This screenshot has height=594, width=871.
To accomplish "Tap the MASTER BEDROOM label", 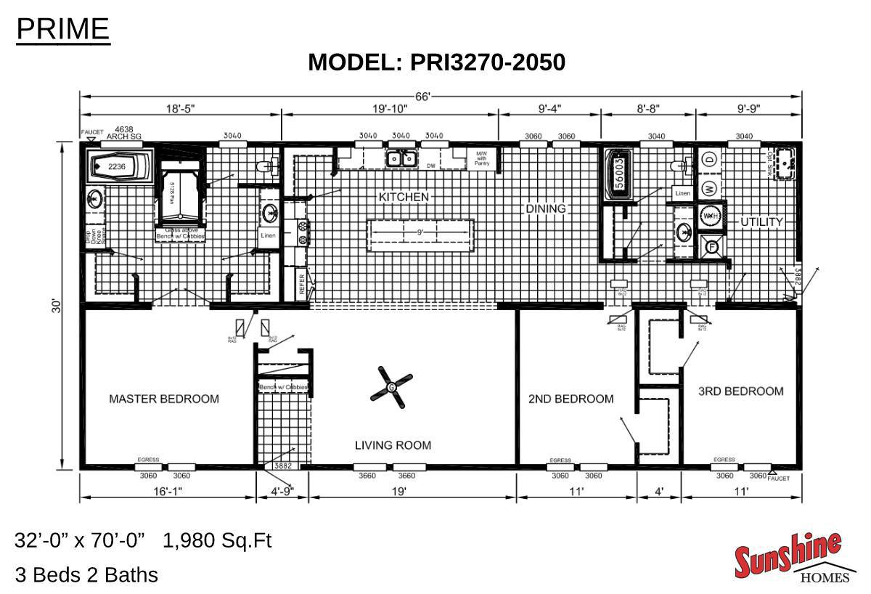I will point(163,399).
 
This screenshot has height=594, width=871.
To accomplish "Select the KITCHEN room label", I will point(404,197).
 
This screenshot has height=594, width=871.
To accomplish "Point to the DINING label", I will point(545,208).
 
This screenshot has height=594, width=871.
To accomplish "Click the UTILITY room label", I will point(761,221).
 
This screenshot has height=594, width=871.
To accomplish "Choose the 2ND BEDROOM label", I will point(571,399).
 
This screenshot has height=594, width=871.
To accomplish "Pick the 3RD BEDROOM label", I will point(740,391).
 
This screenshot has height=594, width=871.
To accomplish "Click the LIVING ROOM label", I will point(393,445).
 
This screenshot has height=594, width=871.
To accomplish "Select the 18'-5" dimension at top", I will point(180,109).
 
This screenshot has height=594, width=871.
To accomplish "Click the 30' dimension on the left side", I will point(56,306).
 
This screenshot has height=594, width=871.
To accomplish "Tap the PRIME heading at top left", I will point(62,29).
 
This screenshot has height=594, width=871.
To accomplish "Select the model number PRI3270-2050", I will point(487,62).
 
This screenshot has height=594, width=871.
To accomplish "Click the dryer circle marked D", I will point(710,158).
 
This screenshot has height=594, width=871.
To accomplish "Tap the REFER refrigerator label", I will point(301,282).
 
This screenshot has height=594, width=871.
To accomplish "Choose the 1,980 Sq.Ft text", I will point(217,541).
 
